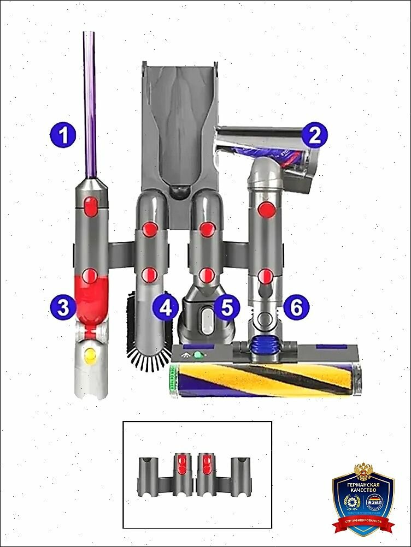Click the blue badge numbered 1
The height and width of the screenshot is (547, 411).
coord(64,134)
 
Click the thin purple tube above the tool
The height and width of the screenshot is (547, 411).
coord(90,104)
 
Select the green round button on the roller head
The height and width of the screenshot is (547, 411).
coord(197,355)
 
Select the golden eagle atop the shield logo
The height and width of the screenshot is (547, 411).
coord(363,469)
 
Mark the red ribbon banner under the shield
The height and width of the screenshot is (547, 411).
coord(363,525)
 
